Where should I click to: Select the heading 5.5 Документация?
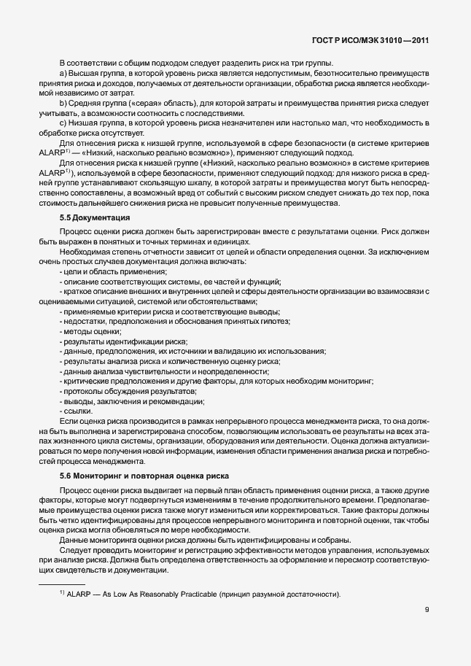(95, 218)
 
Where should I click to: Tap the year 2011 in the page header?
(414, 41)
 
